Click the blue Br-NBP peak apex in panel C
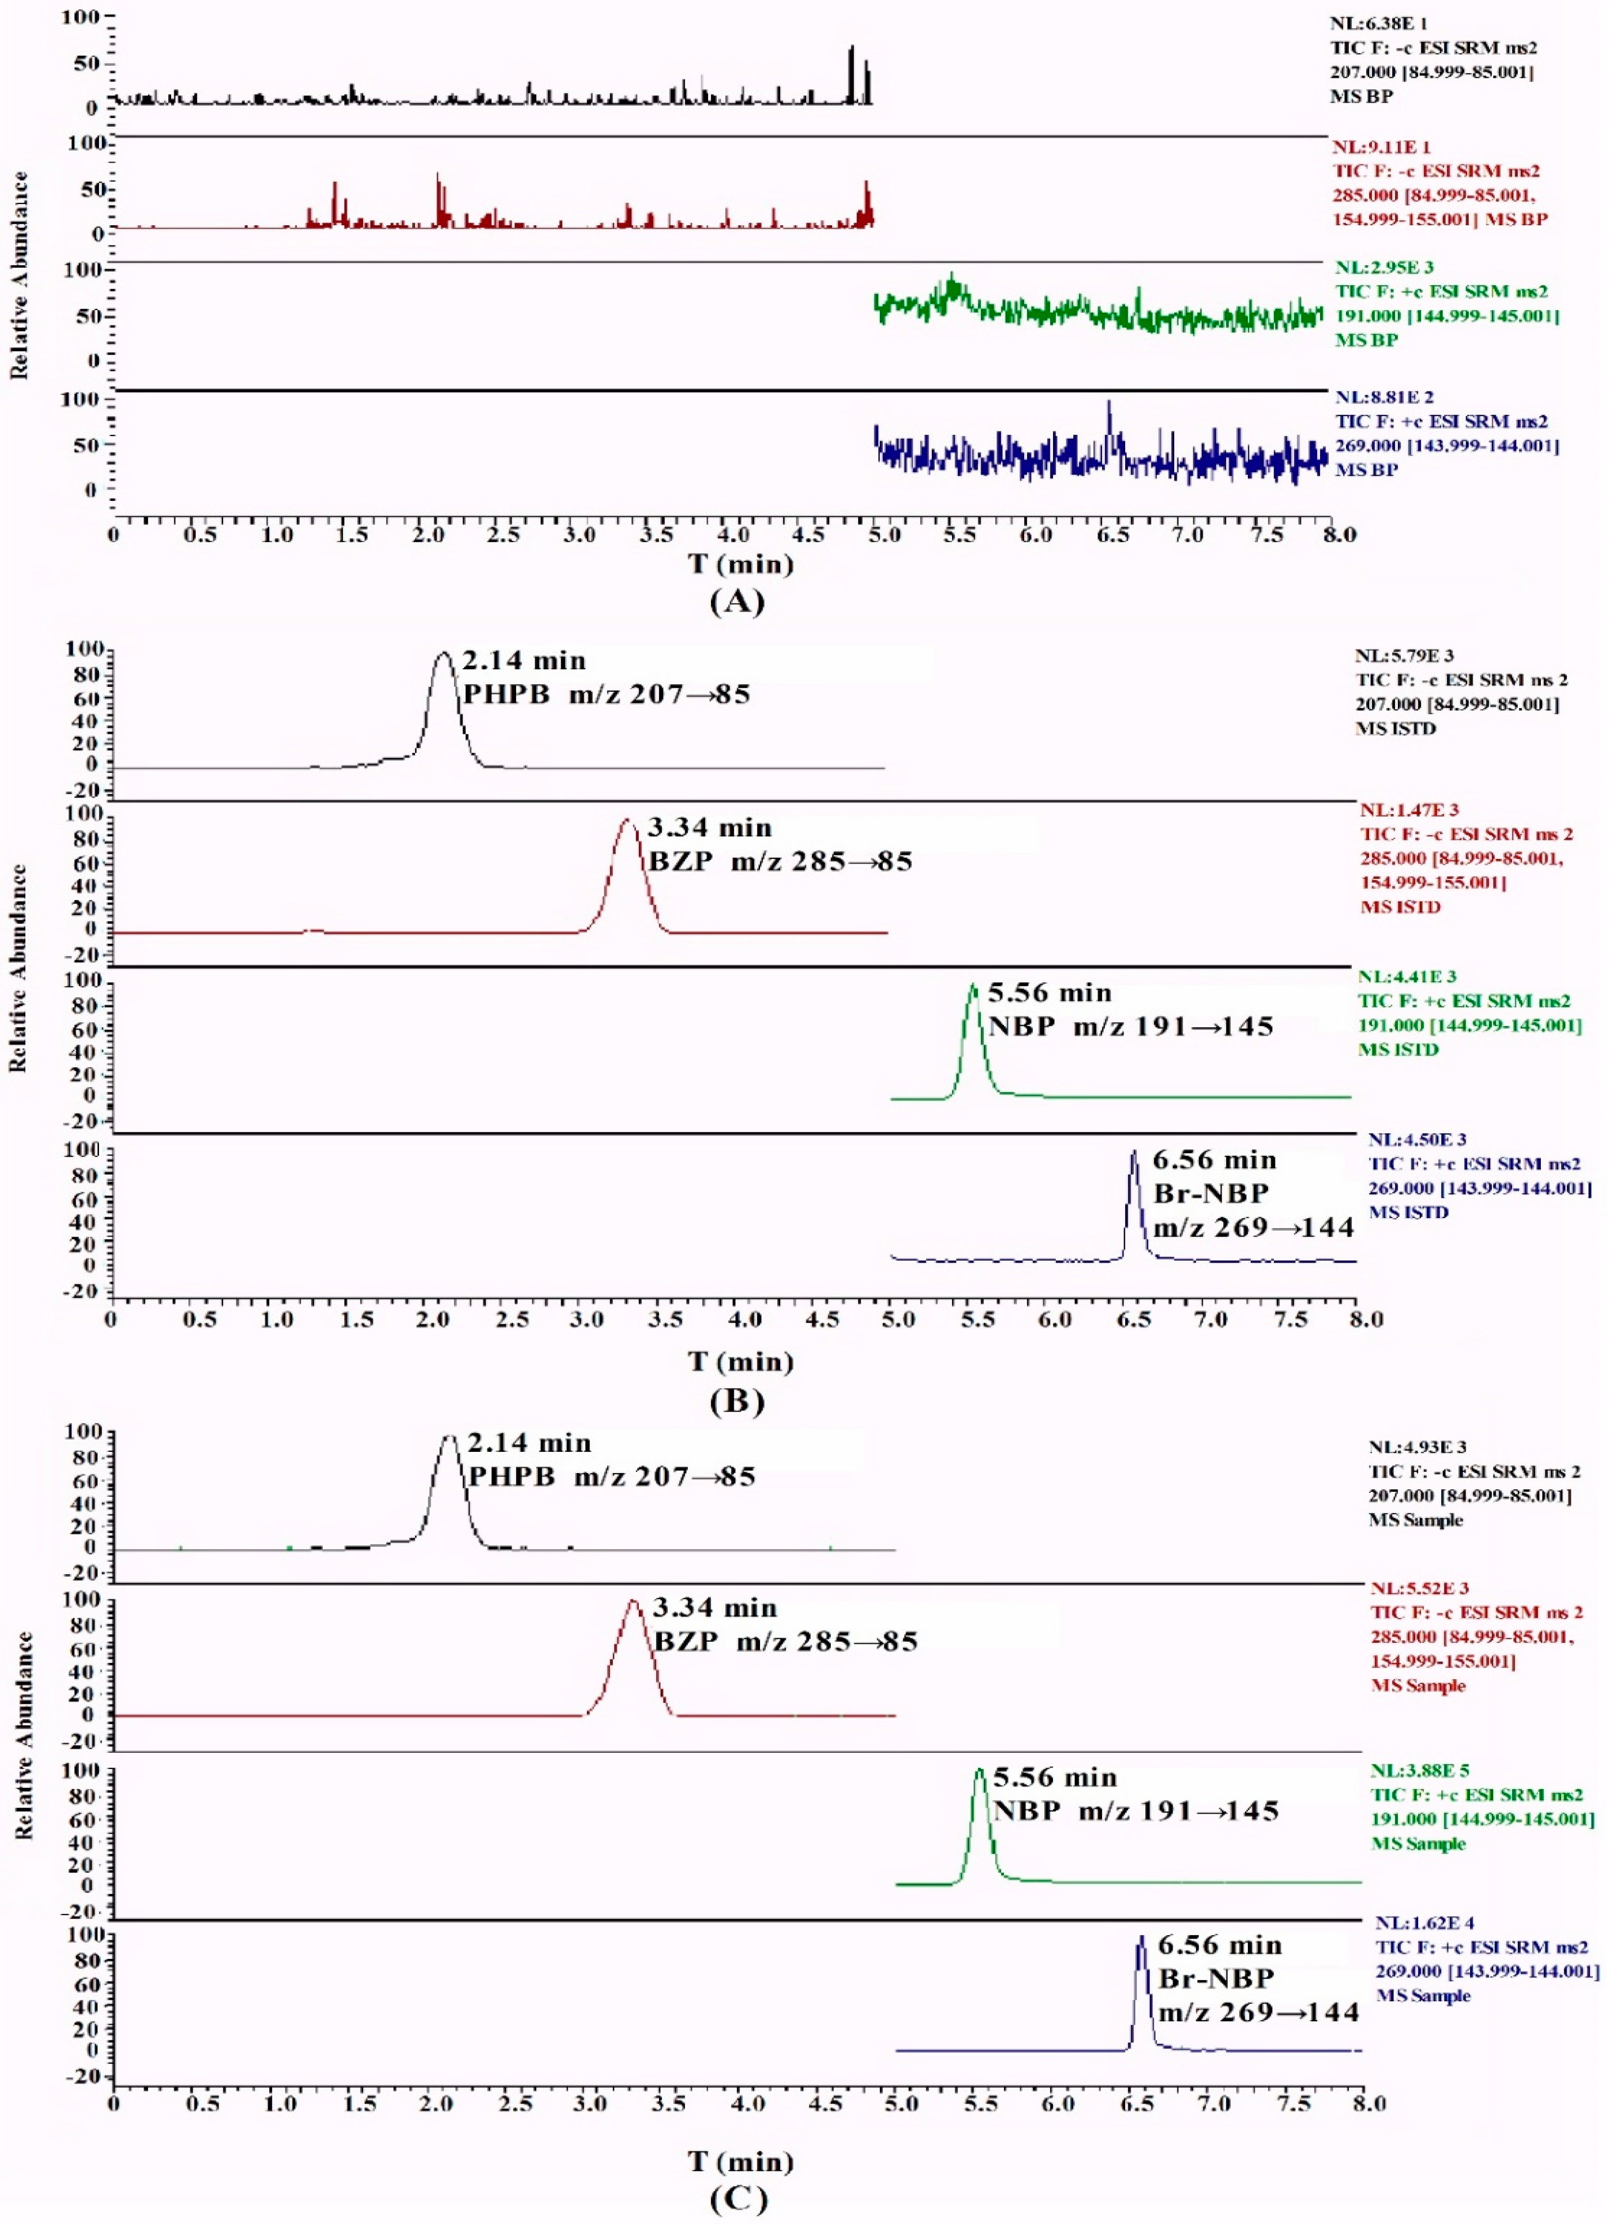(x=1140, y=1938)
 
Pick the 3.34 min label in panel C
(x=715, y=1608)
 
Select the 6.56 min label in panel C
(x=1220, y=1945)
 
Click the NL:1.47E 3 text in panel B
(x=1409, y=810)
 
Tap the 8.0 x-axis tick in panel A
(x=1339, y=534)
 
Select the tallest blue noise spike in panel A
(x=1109, y=402)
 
